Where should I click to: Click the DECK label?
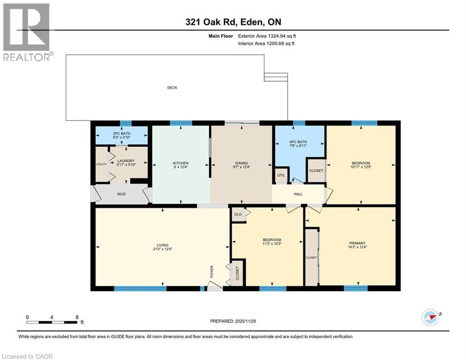click(173, 88)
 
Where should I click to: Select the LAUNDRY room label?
click(126, 161)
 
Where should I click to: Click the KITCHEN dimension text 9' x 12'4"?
click(181, 167)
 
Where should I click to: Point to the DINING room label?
click(241, 163)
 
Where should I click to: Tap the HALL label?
click(298, 194)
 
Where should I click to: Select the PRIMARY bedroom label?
click(357, 243)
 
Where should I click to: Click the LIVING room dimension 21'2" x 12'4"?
click(163, 249)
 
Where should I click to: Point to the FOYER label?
click(212, 272)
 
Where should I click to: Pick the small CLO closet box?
click(238, 214)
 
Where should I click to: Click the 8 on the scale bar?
click(77, 317)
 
